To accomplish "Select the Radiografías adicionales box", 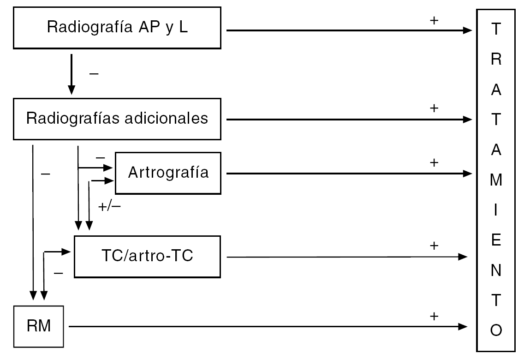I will [117, 118].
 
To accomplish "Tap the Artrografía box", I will [168, 173].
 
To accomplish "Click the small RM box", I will [39, 326].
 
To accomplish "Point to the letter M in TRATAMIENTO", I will [496, 180].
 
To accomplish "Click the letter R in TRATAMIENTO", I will [496, 60].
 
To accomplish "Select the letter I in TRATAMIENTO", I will [496, 211].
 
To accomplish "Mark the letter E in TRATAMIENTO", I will [496, 241].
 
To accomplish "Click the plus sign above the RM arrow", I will [433, 316].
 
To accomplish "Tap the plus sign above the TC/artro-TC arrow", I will [433, 246].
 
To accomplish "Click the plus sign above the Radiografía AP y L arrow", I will [433, 21].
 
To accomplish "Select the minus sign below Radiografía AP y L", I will [93, 74].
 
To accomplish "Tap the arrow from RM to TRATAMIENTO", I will [268, 326].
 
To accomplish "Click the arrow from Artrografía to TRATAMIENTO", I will [346, 174].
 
